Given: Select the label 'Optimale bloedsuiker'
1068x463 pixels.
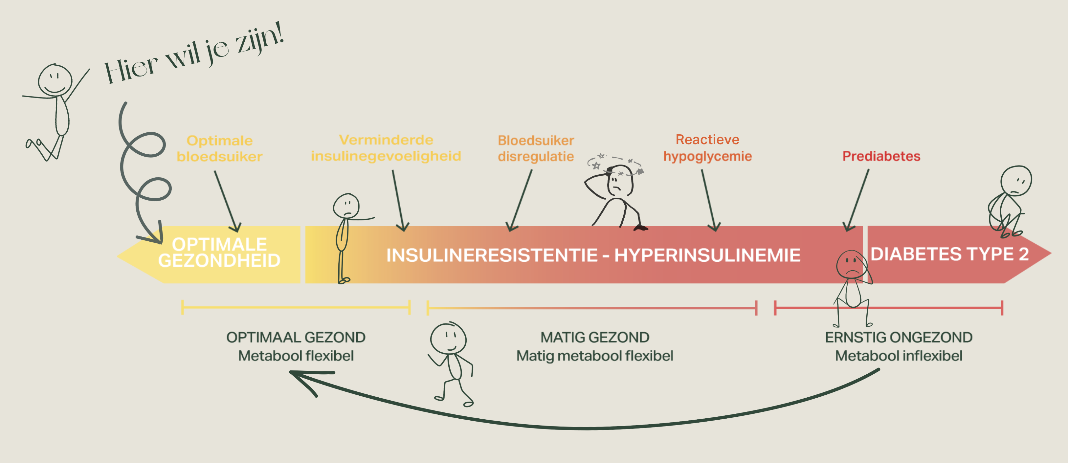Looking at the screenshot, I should point(219,148).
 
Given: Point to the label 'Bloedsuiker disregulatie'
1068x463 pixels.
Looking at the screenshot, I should point(536,148).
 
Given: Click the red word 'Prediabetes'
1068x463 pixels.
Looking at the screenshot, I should point(881,156).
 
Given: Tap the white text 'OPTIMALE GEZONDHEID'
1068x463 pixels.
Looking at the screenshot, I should point(219,253).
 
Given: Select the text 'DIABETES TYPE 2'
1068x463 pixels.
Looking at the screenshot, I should point(949,254).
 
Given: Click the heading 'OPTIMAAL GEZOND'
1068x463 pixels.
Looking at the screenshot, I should point(296,338).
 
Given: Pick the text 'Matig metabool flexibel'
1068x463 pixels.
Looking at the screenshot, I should point(594,356).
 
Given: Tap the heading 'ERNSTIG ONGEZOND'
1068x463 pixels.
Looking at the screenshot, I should point(899,338).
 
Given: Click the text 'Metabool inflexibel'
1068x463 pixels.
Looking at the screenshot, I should point(899,356).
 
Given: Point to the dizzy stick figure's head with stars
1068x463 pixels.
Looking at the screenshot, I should point(619,180).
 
